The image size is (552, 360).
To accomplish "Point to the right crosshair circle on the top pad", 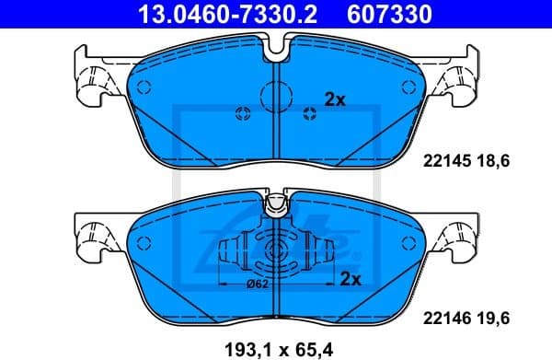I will click(309, 114).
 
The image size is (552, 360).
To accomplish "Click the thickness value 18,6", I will click(492, 161).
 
